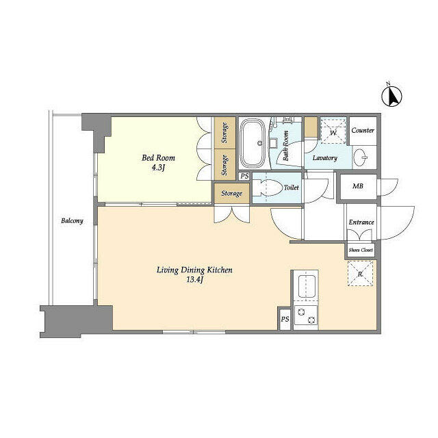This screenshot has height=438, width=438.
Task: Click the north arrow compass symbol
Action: click(391, 96)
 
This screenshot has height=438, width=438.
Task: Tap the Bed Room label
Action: click(158, 158)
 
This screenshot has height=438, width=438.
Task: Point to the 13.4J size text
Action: click(194, 280)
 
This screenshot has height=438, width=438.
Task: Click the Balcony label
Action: click(72, 220)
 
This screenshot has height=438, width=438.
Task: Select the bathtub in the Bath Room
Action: click(253, 143)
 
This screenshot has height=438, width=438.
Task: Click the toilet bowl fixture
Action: click(268, 188)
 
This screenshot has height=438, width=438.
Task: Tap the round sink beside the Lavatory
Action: click(361, 157)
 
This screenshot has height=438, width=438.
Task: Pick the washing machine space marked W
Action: click(333, 132)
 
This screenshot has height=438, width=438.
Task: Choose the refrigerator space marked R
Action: click(361, 274)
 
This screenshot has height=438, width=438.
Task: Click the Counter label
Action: click(363, 131)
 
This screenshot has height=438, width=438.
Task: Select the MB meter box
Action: click(359, 186)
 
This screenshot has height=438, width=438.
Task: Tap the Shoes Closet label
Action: click(361, 250)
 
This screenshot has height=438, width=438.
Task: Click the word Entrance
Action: click(361, 222)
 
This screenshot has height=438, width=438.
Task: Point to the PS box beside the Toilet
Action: click(245, 177)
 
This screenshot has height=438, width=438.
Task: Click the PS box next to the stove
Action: click(285, 319)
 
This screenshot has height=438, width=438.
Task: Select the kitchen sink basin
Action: click(307, 287)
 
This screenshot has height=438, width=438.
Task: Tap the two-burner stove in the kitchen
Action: click(306, 315)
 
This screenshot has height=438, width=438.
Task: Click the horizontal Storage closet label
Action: click(231, 193)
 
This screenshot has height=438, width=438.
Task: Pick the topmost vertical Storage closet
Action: click(225, 133)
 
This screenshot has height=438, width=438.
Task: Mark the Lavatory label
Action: click(325, 158)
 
